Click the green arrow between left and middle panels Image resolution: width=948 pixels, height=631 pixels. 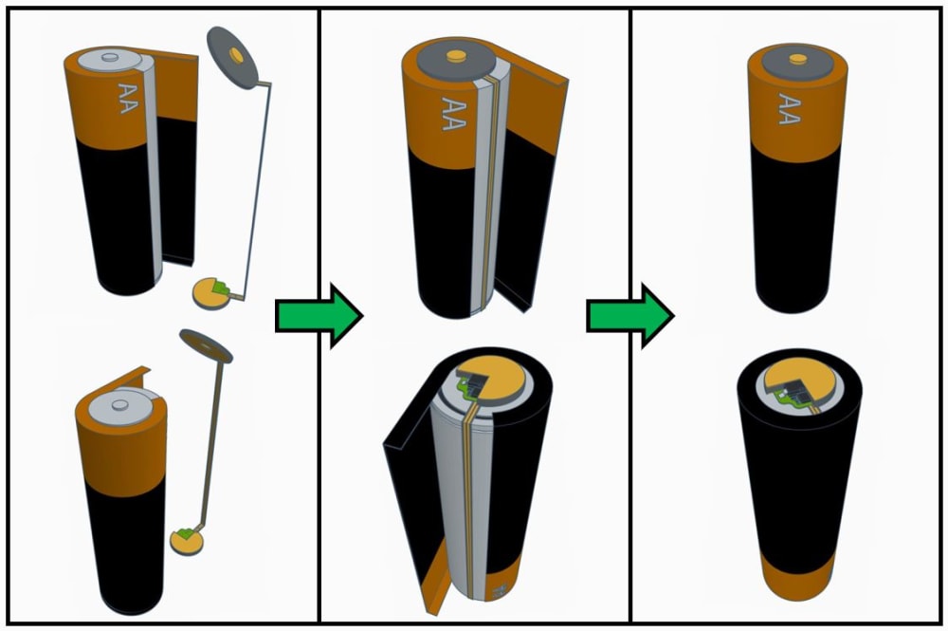point(318,315)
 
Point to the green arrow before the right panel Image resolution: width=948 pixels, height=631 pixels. point(629,315)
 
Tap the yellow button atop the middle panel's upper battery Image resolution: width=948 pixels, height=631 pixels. point(455,56)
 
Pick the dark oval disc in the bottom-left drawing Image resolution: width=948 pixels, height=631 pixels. point(206,345)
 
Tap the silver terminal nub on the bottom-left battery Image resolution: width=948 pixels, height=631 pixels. point(119,405)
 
